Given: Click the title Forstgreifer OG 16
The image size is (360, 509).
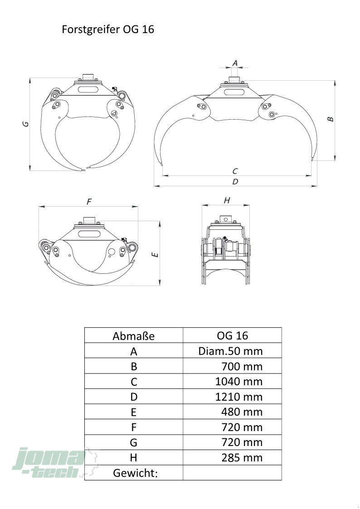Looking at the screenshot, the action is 108,29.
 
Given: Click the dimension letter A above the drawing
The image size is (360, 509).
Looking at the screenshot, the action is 235,63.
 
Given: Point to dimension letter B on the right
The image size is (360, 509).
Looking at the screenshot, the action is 330,119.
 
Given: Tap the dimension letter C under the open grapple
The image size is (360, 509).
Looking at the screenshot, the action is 235,171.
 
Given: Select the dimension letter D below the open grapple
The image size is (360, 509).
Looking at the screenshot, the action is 235,181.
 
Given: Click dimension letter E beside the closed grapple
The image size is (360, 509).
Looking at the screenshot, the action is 156,255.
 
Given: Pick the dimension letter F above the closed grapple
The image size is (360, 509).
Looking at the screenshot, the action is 89,202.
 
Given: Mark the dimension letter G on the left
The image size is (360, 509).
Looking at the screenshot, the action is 26,123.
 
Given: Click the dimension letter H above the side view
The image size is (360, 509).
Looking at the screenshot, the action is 227,201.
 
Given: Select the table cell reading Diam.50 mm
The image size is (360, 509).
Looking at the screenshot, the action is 230,351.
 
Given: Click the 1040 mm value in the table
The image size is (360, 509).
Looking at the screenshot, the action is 239,382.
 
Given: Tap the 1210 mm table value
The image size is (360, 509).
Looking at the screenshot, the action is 239,397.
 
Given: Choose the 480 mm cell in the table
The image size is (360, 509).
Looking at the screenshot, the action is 242,412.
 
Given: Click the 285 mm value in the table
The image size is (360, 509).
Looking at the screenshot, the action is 242,458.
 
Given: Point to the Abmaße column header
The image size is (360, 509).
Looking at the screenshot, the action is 133,336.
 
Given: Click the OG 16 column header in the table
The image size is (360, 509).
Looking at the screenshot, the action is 233,335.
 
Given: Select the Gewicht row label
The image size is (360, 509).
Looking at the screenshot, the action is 135,473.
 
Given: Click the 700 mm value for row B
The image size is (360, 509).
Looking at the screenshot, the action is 242,366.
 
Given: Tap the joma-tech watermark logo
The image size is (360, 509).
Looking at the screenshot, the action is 49,463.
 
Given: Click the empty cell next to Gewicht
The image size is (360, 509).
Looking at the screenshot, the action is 232,473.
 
